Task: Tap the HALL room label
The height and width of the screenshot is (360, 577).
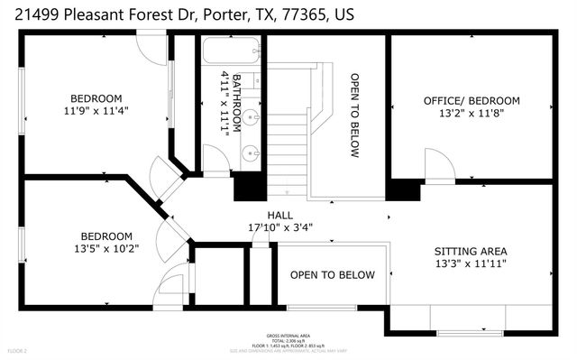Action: [x=278, y=215]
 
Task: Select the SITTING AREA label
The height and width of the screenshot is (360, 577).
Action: [x=470, y=251]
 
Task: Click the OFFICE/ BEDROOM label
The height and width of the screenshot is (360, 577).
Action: [x=472, y=100]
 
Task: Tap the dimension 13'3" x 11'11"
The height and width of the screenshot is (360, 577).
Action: [x=470, y=263]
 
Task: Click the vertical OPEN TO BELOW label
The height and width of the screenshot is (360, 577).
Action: [x=354, y=115]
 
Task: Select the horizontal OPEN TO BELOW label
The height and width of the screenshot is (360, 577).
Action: [x=332, y=275]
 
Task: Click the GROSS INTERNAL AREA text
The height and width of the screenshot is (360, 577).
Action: [x=288, y=334]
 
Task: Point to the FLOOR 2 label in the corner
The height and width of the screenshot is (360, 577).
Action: [x=17, y=349]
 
